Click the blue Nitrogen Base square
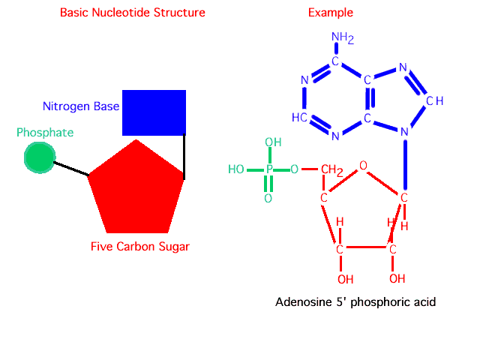(154, 112)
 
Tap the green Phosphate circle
(39, 157)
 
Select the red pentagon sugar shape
(136, 191)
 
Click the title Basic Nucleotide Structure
(132, 13)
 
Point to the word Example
(331, 13)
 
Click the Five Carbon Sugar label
(140, 246)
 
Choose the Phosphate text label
(45, 133)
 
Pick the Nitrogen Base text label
(81, 106)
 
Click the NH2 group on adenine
(342, 37)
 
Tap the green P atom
(268, 170)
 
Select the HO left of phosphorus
(236, 169)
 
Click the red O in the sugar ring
(363, 165)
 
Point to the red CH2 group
(331, 171)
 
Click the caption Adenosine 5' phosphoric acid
(355, 302)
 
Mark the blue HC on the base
(298, 118)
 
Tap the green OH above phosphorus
(273, 142)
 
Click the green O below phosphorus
(268, 199)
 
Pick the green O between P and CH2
(295, 169)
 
